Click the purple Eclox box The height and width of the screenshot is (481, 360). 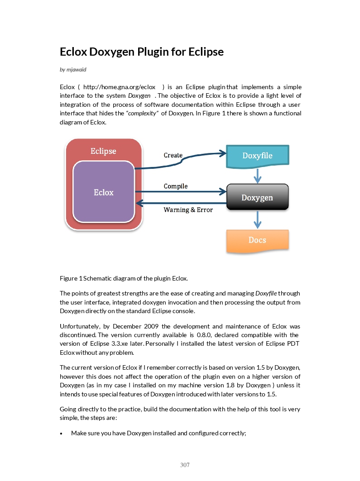pyautogui.click(x=104, y=192)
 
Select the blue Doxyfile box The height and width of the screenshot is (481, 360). pyautogui.click(x=257, y=156)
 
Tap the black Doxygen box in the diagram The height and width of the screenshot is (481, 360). pyautogui.click(x=257, y=197)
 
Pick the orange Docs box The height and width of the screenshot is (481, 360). pyautogui.click(x=257, y=240)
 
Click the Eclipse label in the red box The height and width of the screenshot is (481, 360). pyautogui.click(x=103, y=151)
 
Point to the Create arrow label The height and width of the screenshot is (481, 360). pyautogui.click(x=173, y=155)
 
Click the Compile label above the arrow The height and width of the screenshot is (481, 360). pyautogui.click(x=176, y=186)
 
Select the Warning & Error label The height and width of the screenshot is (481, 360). pyautogui.click(x=188, y=210)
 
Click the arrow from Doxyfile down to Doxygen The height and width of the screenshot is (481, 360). pyautogui.click(x=258, y=176)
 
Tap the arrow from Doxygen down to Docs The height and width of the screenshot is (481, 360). pyautogui.click(x=258, y=219)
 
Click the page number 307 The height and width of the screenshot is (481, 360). pyautogui.click(x=185, y=465)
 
